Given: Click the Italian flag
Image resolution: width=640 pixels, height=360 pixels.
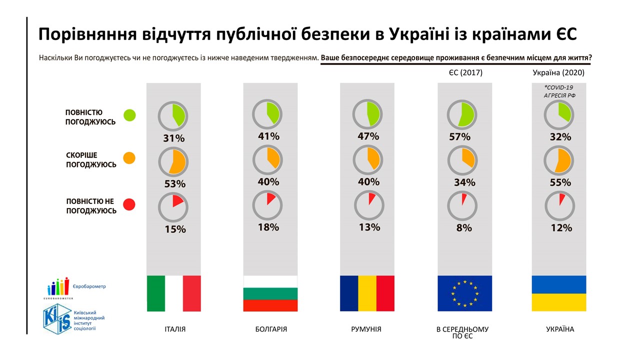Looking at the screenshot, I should (x=173, y=293).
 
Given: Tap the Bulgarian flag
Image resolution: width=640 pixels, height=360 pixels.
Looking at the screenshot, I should (x=270, y=293).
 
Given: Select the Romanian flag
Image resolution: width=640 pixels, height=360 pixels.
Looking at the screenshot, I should (x=367, y=293).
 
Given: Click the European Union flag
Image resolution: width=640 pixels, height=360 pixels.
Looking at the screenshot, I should (x=464, y=293).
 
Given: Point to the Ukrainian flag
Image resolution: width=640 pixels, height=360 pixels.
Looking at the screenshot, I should (x=558, y=293).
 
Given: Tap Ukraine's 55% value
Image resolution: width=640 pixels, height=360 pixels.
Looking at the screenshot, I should (x=560, y=183).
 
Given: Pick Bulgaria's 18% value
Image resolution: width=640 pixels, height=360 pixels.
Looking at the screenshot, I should (x=268, y=227).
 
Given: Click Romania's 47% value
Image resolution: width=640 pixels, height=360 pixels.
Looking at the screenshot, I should (x=368, y=136).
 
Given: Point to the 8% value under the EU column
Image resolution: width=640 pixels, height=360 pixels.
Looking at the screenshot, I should (x=463, y=228).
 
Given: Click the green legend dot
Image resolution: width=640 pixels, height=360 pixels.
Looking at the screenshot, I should (x=129, y=115).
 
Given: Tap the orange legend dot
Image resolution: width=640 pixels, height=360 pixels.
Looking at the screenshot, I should (x=129, y=158).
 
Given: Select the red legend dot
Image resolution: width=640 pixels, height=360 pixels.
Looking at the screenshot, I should (x=129, y=204).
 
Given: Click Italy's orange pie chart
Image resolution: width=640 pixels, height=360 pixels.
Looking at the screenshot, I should (x=172, y=161).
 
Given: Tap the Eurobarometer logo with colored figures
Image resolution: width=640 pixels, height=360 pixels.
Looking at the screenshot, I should (x=58, y=287).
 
